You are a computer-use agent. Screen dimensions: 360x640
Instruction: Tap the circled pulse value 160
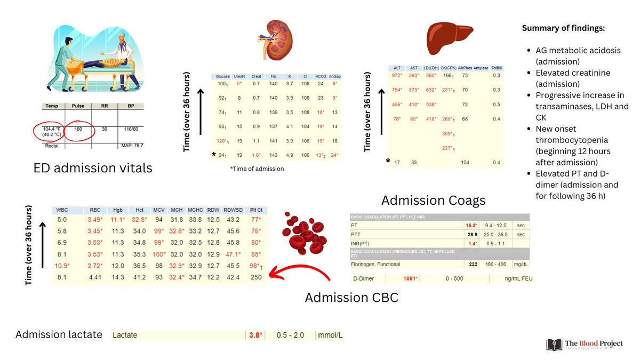point(78,129)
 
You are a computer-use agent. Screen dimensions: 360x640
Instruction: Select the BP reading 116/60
point(128,129)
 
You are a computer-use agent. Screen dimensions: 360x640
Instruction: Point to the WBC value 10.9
point(63,266)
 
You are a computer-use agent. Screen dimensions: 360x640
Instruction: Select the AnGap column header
point(334,76)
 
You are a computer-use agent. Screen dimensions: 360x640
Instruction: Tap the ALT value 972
point(397,75)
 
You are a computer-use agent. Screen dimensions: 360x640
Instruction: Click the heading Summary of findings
point(563,28)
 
